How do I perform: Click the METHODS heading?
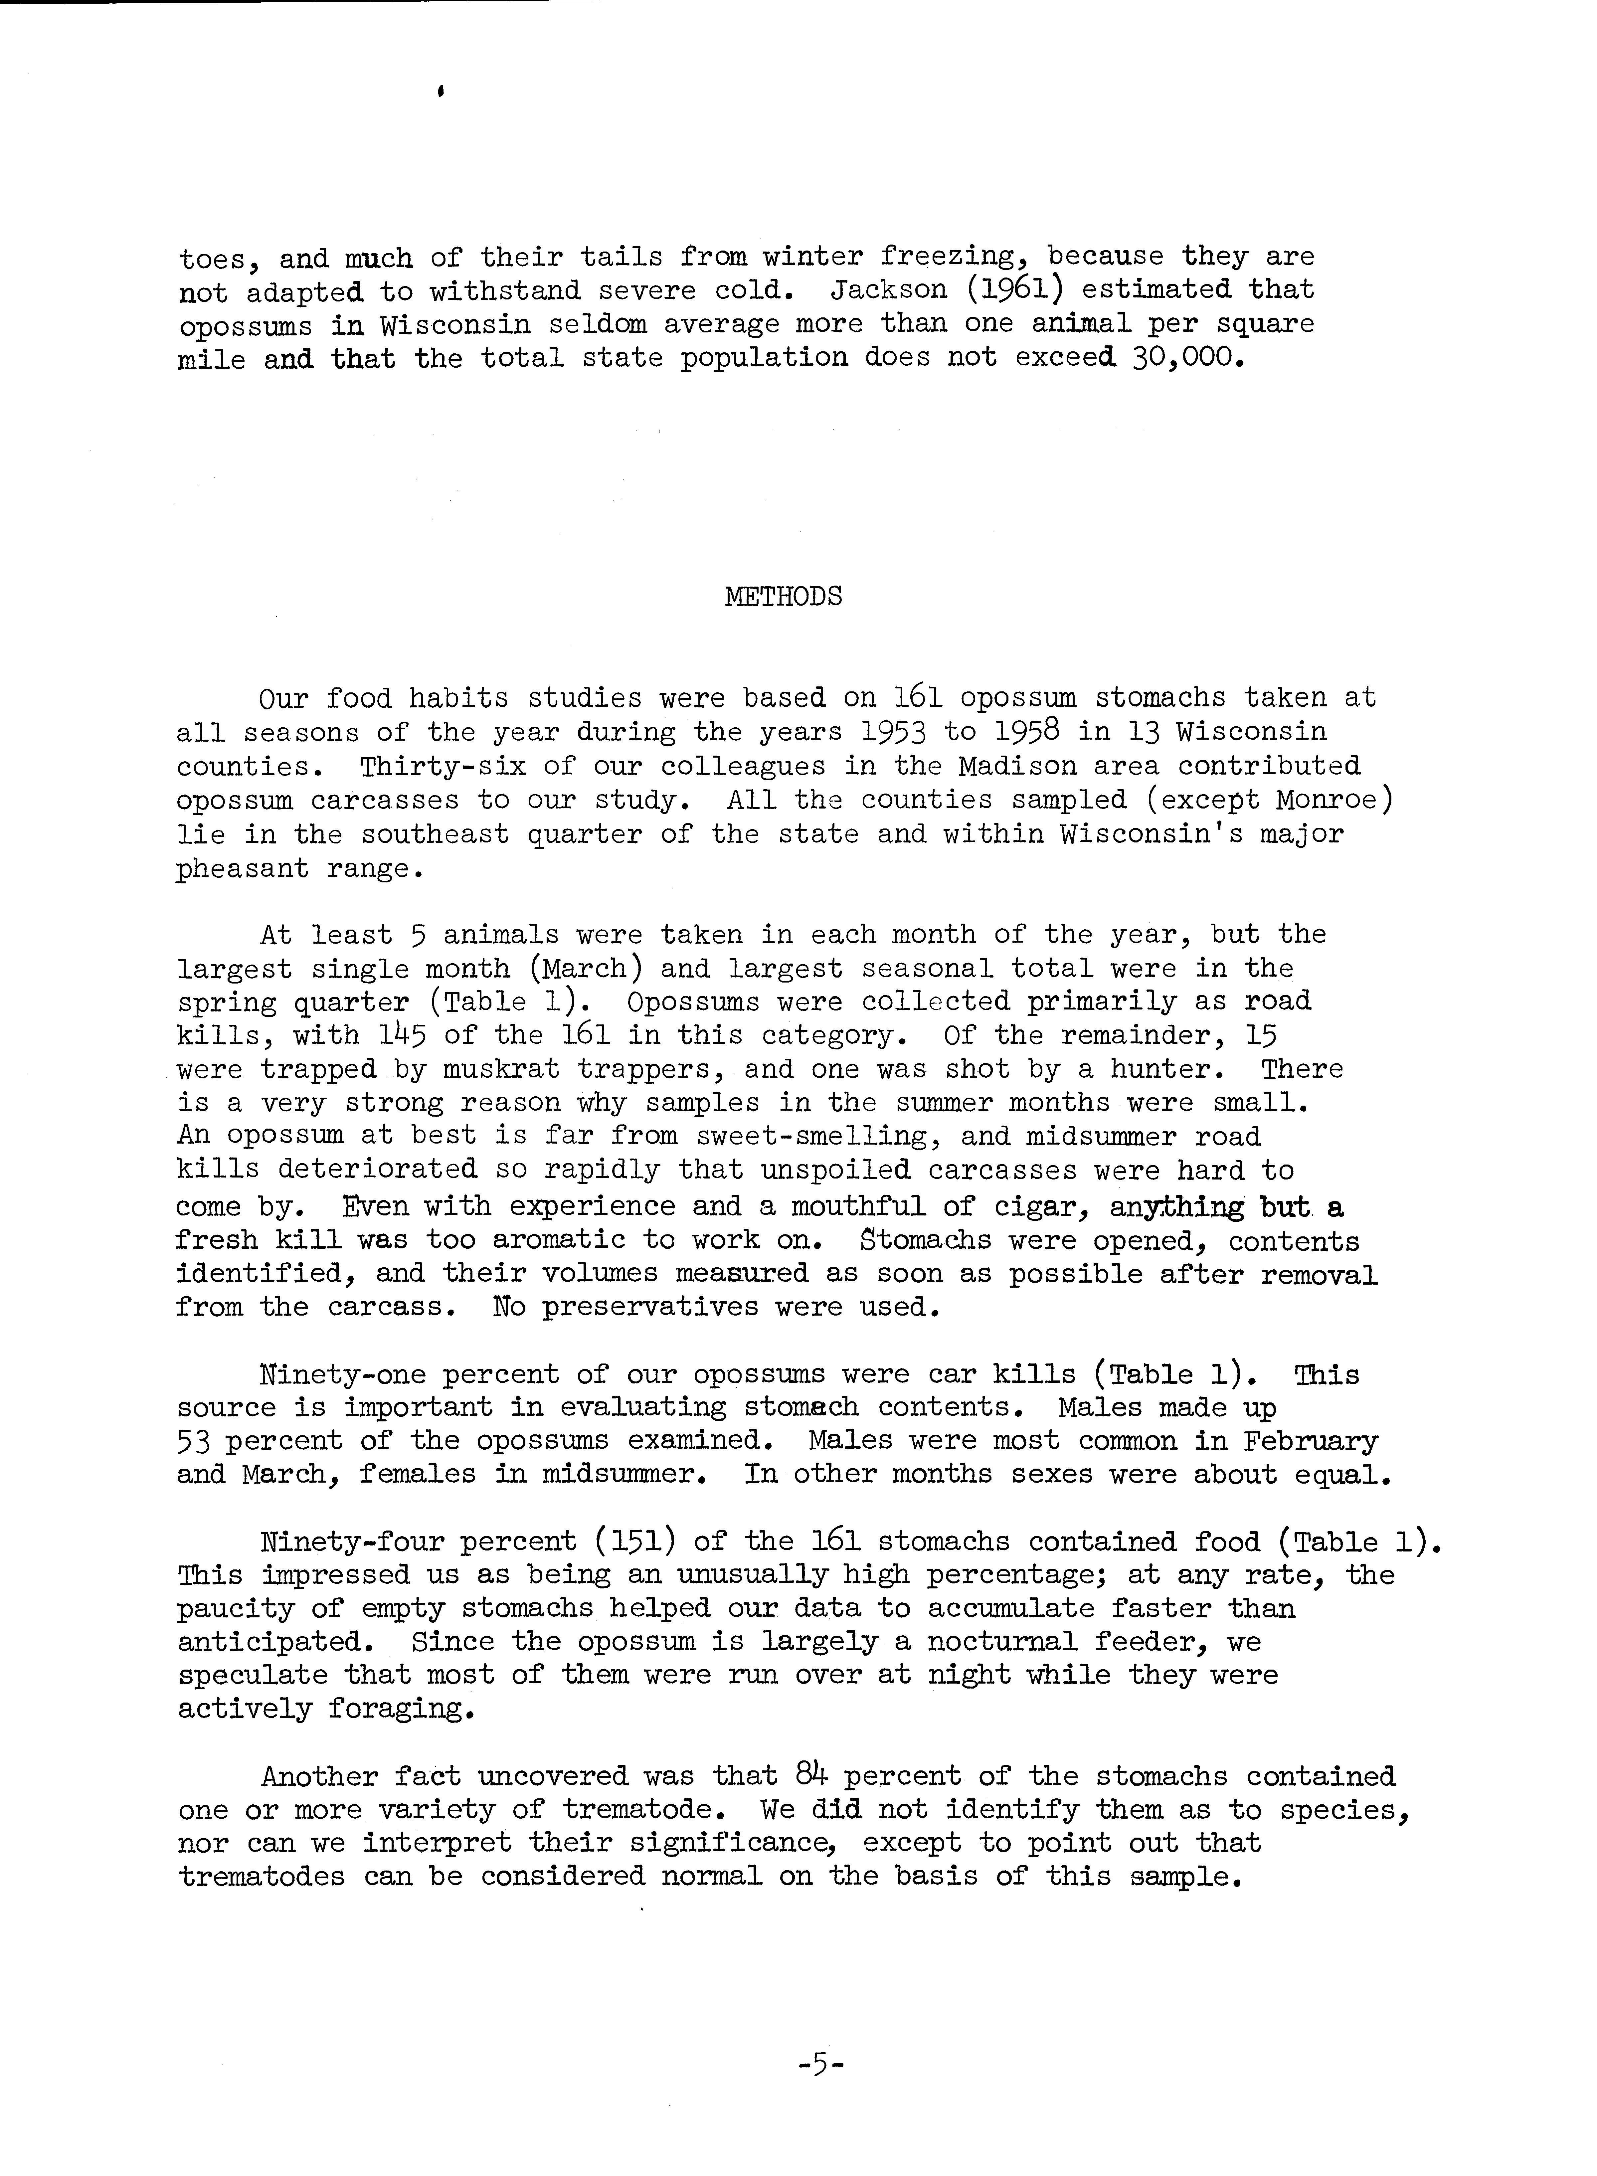(x=783, y=597)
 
